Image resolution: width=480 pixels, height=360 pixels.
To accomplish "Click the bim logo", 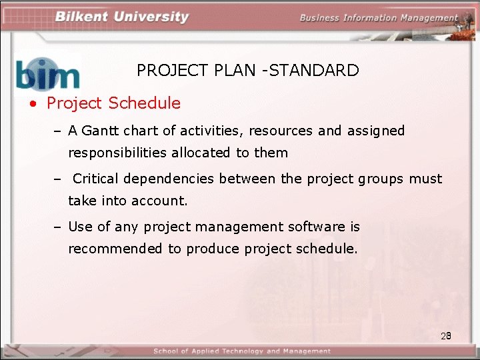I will pyautogui.click(x=48, y=73).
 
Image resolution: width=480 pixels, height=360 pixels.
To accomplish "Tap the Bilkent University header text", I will pyautogui.click(x=122, y=17).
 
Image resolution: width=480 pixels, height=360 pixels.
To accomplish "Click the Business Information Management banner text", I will pyautogui.click(x=379, y=18).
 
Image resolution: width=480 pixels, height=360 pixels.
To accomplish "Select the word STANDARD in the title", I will pyautogui.click(x=316, y=70).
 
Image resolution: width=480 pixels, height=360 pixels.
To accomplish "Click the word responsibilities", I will pyautogui.click(x=117, y=153).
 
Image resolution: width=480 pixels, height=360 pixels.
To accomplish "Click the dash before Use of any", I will pyautogui.click(x=58, y=227).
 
